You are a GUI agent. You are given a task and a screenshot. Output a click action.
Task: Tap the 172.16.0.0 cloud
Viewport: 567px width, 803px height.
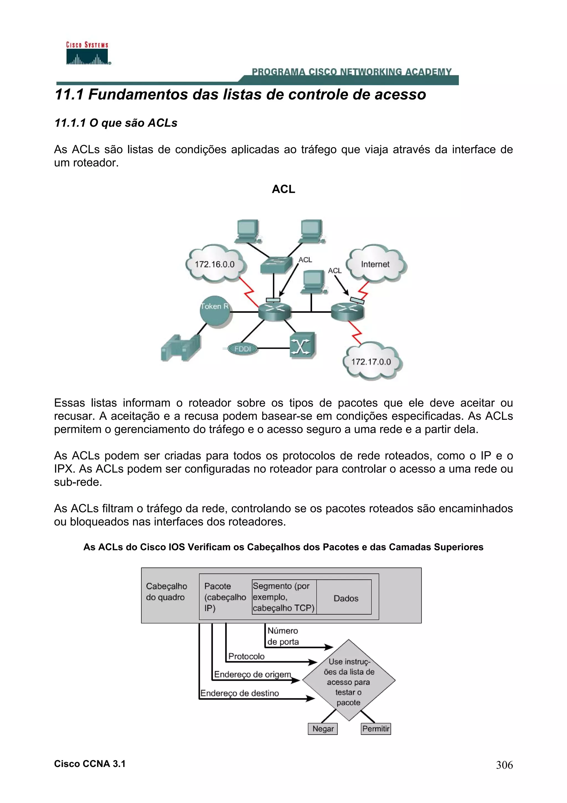215,264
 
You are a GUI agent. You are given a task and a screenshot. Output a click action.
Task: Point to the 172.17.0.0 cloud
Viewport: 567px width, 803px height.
371,362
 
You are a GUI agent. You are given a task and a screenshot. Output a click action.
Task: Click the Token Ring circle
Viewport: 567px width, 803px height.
215,310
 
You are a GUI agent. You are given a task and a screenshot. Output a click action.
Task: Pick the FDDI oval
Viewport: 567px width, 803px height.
243,349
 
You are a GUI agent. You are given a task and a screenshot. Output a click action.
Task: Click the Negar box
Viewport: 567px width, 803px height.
323,729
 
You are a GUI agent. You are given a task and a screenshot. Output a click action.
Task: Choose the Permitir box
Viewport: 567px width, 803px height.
376,729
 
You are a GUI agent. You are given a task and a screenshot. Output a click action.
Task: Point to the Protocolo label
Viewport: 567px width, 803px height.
246,656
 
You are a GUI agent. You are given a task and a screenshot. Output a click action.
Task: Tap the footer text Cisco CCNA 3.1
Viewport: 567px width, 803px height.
89,764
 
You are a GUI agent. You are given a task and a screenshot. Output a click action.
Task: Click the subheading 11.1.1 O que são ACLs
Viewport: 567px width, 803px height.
116,123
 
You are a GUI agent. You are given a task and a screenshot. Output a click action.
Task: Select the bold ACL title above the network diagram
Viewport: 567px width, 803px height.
283,189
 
